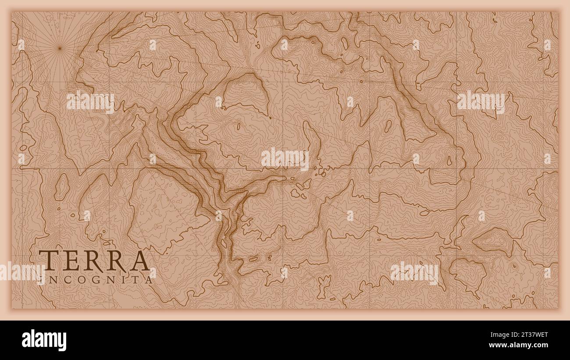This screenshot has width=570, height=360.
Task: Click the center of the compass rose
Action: coord(60,48)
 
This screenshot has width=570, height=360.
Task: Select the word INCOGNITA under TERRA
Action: coord(96,279)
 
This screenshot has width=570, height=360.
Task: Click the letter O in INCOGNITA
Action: coord(77,279)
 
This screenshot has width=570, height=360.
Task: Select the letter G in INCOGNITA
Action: coord(93,279)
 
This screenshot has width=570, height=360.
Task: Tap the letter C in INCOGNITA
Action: coord(63,279)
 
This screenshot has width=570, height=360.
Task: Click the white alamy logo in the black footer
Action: coord(44,340)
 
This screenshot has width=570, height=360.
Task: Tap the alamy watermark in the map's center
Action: coord(285,159)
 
